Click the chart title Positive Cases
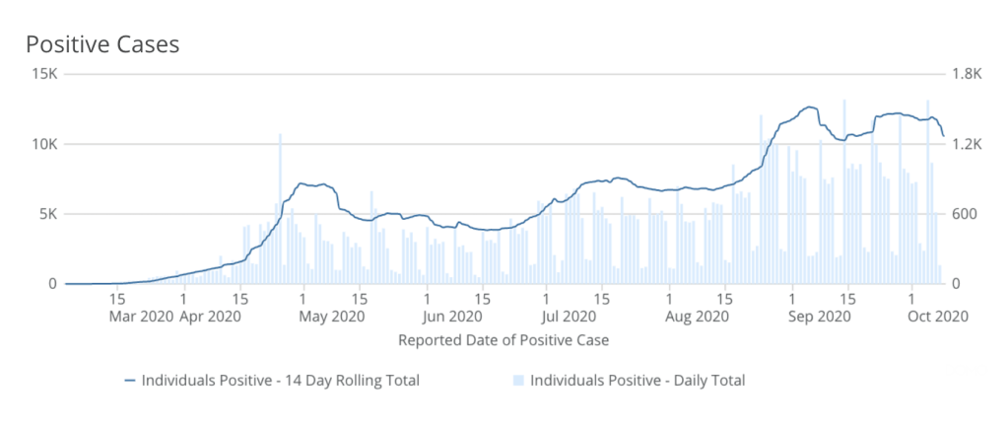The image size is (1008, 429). click(x=101, y=44)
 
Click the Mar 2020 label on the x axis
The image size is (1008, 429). click(x=142, y=317)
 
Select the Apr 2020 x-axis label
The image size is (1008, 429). click(x=209, y=317)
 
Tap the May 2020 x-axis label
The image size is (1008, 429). click(x=333, y=317)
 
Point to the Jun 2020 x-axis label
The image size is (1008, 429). click(x=452, y=317)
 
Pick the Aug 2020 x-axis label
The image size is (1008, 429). click(x=696, y=317)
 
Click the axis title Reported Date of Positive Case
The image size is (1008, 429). click(x=503, y=341)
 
